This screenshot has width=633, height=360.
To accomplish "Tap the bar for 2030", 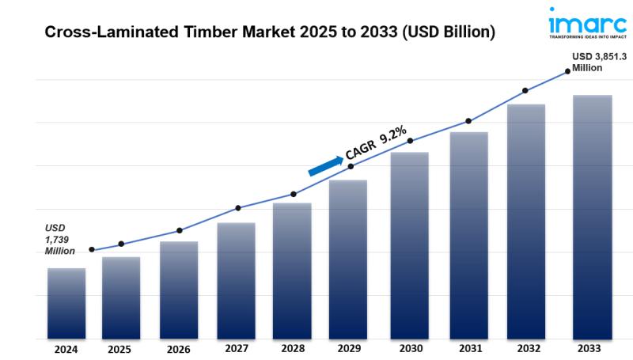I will pyautogui.click(x=409, y=245).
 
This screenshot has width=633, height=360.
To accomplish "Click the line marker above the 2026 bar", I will pyautogui.click(x=180, y=230).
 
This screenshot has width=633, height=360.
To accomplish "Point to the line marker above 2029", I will pyautogui.click(x=351, y=166).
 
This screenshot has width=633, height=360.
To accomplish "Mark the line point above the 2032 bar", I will pyautogui.click(x=525, y=90).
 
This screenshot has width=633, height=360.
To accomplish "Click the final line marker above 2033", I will pyautogui.click(x=567, y=71).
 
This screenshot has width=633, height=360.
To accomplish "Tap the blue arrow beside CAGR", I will pyautogui.click(x=325, y=165).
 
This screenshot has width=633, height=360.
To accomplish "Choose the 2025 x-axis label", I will pyautogui.click(x=119, y=348).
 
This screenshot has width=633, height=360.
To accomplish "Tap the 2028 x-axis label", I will pyautogui.click(x=293, y=348).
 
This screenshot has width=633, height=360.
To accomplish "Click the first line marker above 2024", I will pyautogui.click(x=92, y=249).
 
